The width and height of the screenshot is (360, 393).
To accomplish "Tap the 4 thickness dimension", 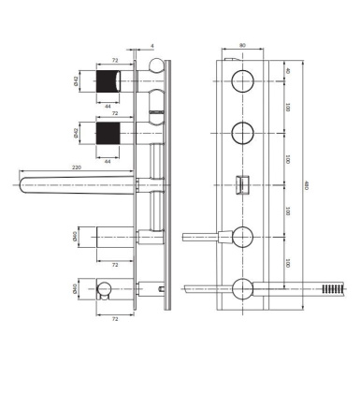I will (x=151, y=43).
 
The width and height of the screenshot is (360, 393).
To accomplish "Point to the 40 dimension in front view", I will (x=289, y=69).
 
